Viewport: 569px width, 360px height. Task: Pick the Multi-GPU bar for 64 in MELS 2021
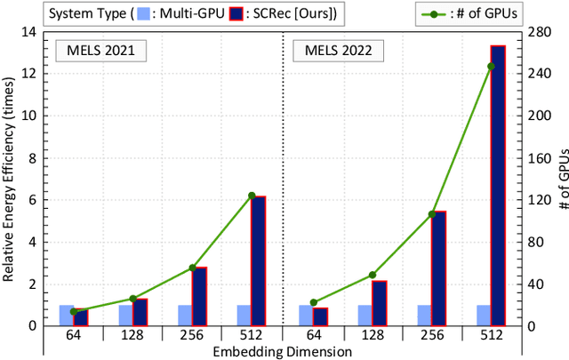point(66,315)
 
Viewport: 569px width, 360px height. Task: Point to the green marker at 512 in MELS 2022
point(491,67)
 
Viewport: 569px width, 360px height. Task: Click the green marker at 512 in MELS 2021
point(252,196)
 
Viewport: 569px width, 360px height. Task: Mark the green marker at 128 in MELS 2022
point(372,275)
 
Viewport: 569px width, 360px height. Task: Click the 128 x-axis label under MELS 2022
point(372,335)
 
